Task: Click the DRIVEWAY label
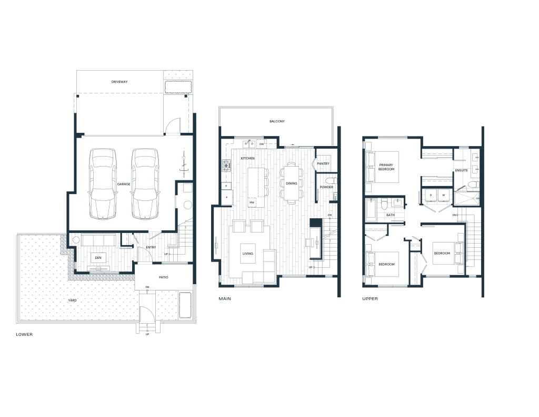tap(119, 82)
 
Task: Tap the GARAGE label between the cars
tap(124, 184)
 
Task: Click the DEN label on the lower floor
tap(98, 258)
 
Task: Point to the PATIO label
tap(164, 277)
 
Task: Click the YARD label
tap(73, 300)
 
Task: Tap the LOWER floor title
tap(24, 334)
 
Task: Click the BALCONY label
tap(277, 121)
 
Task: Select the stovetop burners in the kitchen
tap(226, 166)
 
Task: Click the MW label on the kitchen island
tap(252, 202)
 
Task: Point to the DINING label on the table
tap(292, 183)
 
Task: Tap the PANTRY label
tap(323, 163)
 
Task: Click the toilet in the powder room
tap(330, 181)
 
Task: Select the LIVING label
tap(248, 254)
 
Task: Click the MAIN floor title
tap(225, 298)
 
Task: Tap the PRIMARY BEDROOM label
tap(386, 167)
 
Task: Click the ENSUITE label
tap(461, 170)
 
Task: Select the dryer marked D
tap(431, 195)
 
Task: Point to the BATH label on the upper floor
tap(391, 215)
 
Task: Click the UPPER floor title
tap(370, 298)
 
